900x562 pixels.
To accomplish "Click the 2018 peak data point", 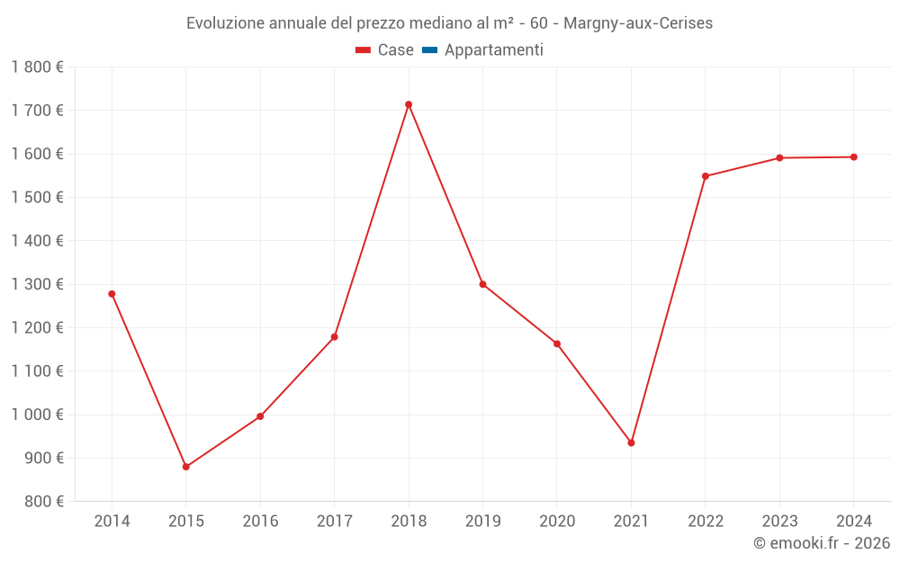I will click(x=409, y=104).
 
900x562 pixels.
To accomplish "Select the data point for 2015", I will click(x=186, y=467).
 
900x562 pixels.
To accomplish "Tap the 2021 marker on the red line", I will click(x=631, y=442).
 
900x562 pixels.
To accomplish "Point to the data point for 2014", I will click(x=112, y=294).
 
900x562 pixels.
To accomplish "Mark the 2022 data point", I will click(x=706, y=176).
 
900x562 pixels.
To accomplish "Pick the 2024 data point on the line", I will click(x=853, y=157).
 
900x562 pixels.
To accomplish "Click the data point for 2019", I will click(x=482, y=284).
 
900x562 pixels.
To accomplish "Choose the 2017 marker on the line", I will click(x=334, y=337).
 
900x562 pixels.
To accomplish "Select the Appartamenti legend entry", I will click(x=493, y=50).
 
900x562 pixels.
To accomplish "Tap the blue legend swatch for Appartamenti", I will click(x=429, y=50).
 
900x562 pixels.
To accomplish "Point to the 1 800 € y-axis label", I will click(x=38, y=67).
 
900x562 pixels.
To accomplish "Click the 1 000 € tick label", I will click(x=38, y=415).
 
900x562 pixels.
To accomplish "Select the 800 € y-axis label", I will click(x=42, y=502).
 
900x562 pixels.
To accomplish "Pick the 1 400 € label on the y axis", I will click(x=38, y=241).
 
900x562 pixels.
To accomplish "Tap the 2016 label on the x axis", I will click(x=260, y=522).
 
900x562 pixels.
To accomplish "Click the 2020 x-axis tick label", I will click(x=557, y=522).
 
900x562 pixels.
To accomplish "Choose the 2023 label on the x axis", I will click(x=779, y=522).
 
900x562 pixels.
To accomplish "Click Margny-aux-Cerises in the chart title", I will click(x=638, y=23).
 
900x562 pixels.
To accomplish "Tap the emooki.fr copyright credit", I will click(x=821, y=543).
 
